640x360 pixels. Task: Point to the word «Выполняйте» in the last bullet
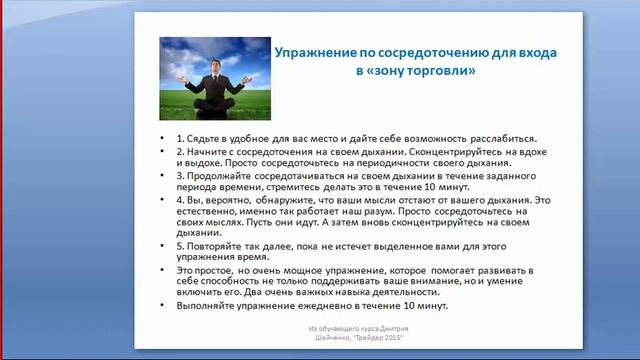tap(204, 306)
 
